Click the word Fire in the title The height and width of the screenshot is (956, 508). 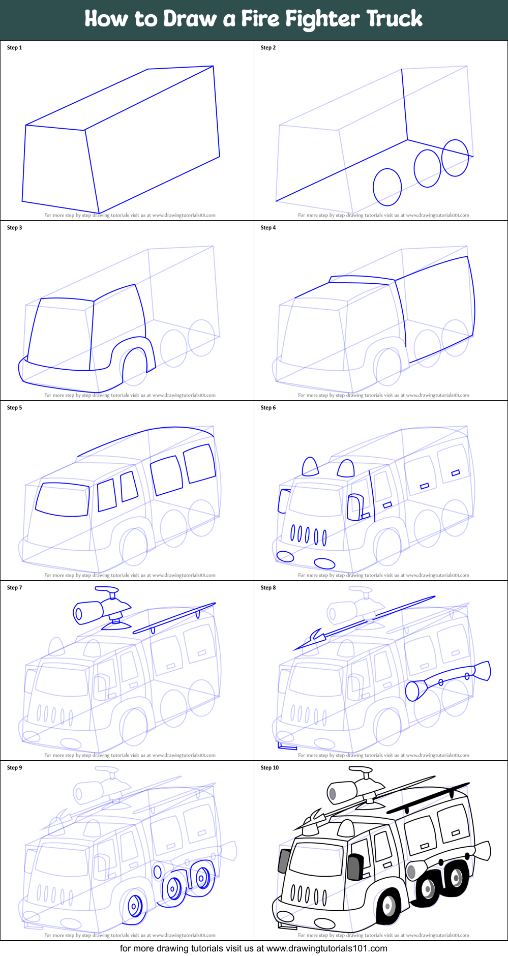coord(260,19)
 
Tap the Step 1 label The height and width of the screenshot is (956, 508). coord(14,48)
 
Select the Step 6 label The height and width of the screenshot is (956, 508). coord(268,408)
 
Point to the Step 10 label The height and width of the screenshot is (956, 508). coord(270,768)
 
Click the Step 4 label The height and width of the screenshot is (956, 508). coord(268,228)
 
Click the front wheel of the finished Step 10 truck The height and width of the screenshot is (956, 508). coord(389,906)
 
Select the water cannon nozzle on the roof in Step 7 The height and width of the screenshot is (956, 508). coord(88,612)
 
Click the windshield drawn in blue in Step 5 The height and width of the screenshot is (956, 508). coord(63,499)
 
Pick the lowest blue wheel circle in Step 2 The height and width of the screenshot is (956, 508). coord(387,187)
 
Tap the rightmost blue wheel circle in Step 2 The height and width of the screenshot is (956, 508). coord(455,158)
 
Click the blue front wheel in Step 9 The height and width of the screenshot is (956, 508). coord(135,905)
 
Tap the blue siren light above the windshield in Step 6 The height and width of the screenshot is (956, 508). coord(310,466)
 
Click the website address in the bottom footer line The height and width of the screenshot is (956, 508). coord(326,948)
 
